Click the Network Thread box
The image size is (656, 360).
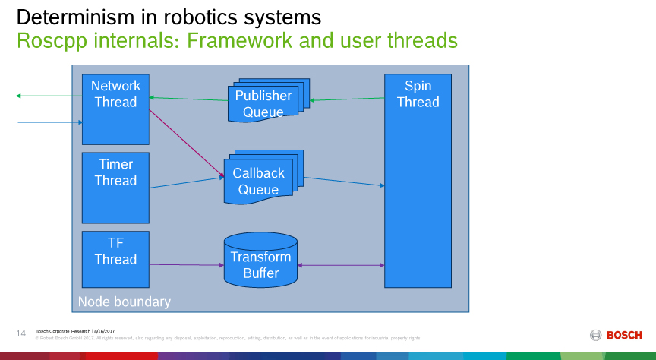click(115, 109)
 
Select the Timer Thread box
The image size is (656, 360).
click(115, 187)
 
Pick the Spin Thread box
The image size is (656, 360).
click(418, 181)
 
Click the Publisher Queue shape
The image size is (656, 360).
click(263, 104)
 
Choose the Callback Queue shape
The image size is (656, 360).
click(259, 182)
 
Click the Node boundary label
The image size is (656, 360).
click(125, 302)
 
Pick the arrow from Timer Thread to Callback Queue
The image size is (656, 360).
click(187, 182)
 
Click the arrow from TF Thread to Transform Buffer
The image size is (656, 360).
click(186, 264)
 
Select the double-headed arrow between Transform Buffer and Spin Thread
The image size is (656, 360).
click(341, 265)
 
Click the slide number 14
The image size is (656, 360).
click(20, 333)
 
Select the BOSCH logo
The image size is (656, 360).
click(616, 335)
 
